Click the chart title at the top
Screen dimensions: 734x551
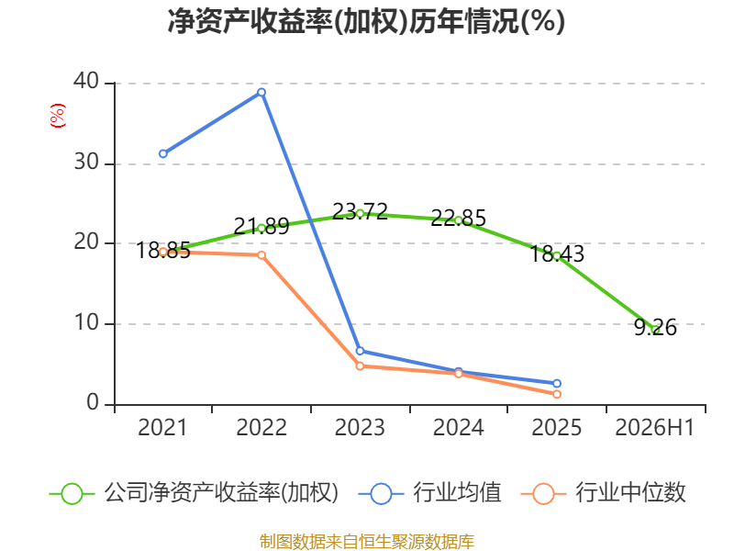(366, 21)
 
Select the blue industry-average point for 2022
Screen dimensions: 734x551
(261, 93)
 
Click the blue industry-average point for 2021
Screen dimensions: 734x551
(163, 153)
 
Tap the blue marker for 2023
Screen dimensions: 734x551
(360, 351)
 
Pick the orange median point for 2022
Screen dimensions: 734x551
(261, 255)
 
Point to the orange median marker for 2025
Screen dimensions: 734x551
(557, 394)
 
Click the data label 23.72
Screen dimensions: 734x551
(360, 212)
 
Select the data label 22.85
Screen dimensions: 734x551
(458, 219)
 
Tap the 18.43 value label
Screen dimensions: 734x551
(557, 254)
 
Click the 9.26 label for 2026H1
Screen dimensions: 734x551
(655, 327)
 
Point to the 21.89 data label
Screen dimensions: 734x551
(261, 227)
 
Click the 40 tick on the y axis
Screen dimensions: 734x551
(86, 81)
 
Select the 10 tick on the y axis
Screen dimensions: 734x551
(86, 322)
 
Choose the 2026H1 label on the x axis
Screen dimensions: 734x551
(655, 427)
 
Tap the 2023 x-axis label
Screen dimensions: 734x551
(360, 427)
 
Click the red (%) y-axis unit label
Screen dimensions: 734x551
(58, 116)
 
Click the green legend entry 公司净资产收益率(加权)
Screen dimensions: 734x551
(194, 493)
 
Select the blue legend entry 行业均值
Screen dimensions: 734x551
(429, 493)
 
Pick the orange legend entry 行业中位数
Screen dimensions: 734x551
(603, 493)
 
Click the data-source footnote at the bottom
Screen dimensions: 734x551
(367, 542)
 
